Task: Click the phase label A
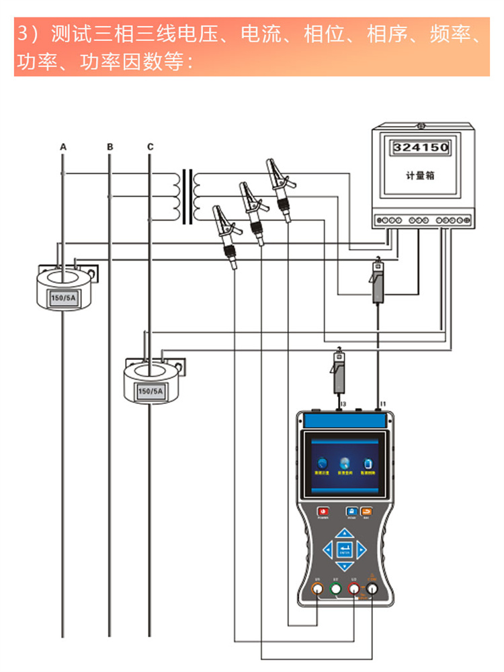[63, 146]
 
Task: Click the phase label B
[110, 146]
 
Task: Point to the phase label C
[150, 146]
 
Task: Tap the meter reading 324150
[420, 147]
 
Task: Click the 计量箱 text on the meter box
[420, 175]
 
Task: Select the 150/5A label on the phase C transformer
[150, 391]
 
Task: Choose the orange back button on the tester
[366, 510]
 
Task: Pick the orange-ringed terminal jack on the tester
[318, 589]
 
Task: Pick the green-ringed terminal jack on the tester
[335, 589]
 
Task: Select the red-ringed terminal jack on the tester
[353, 589]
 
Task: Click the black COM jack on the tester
[371, 589]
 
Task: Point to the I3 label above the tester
[343, 404]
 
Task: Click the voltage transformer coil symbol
[187, 196]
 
